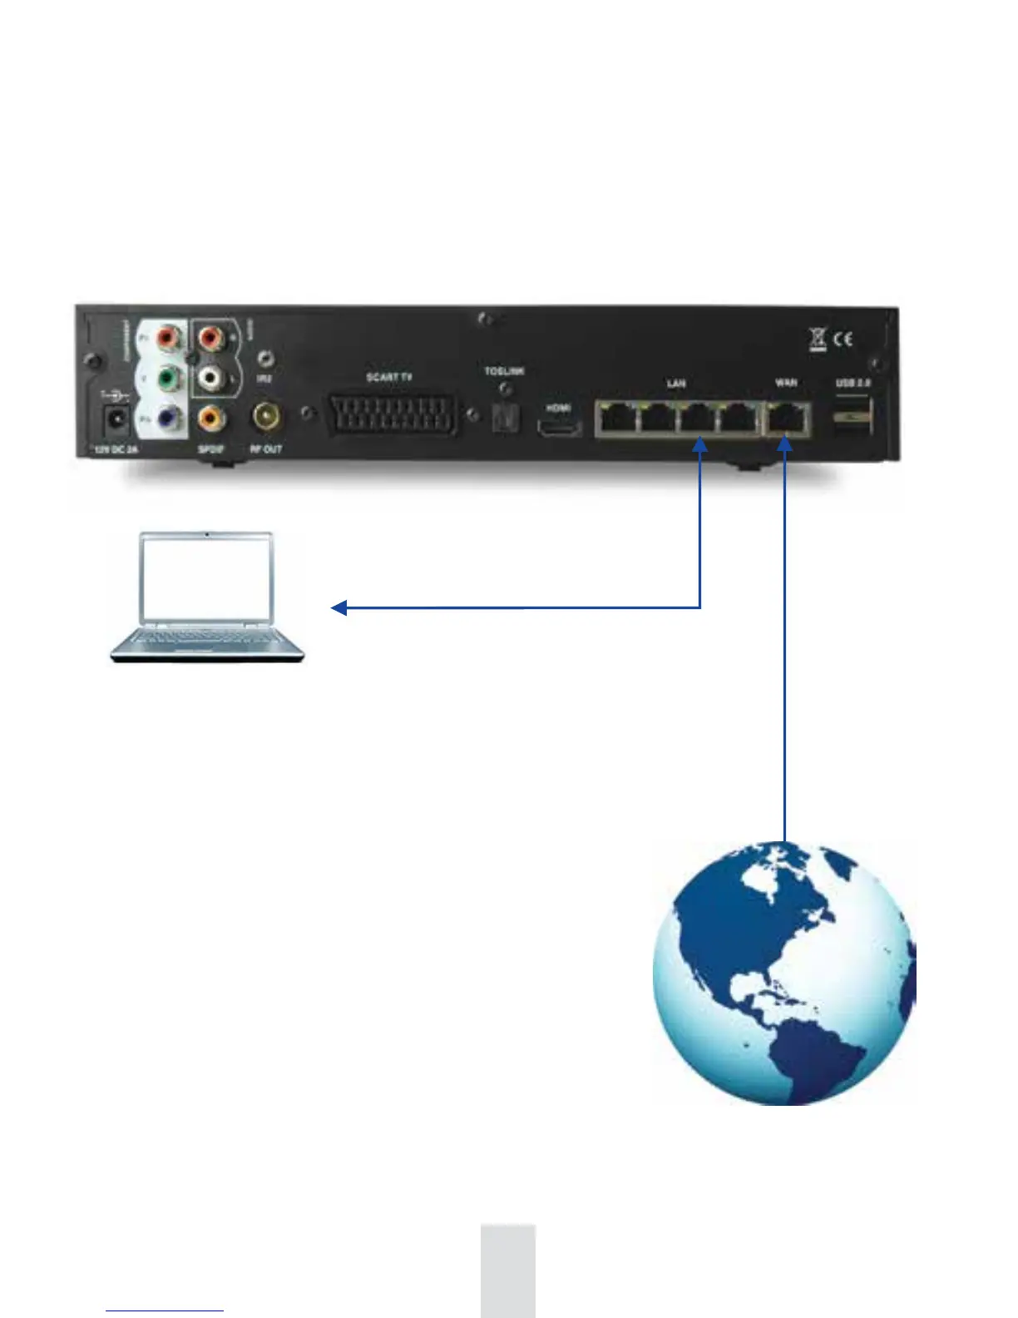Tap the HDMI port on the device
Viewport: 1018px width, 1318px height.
click(x=559, y=429)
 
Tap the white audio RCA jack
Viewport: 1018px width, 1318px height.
click(x=210, y=379)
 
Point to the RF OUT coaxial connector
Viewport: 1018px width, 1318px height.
click(x=267, y=415)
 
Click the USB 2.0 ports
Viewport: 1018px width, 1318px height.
click(x=852, y=415)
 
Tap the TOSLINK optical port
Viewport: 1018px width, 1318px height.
click(x=504, y=418)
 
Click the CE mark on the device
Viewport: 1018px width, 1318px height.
click(x=843, y=339)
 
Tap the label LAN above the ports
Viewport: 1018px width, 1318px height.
click(x=676, y=384)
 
